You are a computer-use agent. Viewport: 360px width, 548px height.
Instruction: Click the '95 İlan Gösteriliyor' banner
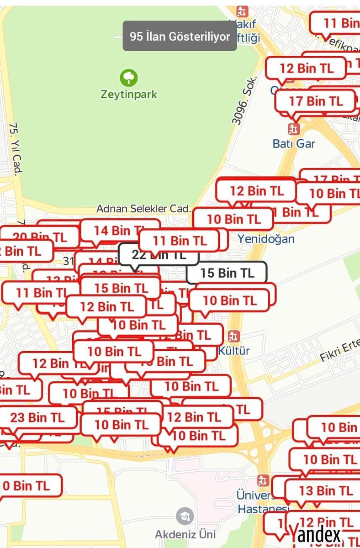click(x=180, y=37)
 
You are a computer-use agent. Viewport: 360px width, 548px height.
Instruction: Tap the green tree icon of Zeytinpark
click(x=128, y=77)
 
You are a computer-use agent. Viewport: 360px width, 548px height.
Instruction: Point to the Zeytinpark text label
click(x=129, y=95)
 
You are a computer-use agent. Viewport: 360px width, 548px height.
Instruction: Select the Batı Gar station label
click(x=294, y=143)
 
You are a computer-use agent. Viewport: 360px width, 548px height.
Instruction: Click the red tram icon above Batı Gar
click(x=294, y=129)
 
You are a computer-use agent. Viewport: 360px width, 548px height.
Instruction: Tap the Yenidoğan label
click(x=266, y=238)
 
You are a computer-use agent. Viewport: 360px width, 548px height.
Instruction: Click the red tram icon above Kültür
click(x=234, y=337)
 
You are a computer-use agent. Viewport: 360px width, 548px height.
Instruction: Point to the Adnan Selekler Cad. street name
click(x=143, y=209)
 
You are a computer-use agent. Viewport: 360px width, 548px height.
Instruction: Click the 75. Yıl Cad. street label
click(x=16, y=149)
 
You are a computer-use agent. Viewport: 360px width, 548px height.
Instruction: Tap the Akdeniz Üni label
click(x=185, y=534)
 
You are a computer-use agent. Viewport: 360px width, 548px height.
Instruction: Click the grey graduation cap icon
click(x=185, y=516)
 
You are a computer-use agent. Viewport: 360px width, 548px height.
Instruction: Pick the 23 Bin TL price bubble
click(x=37, y=417)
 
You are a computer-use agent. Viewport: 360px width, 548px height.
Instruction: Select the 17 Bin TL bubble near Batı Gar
click(x=316, y=101)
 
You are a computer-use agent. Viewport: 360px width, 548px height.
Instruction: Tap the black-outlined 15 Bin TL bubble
click(x=227, y=273)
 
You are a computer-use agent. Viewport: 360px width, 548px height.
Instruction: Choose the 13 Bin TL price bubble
click(x=326, y=490)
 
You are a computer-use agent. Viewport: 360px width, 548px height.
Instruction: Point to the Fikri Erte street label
click(x=340, y=352)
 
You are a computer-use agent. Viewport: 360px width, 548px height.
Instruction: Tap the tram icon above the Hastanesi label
click(x=262, y=481)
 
